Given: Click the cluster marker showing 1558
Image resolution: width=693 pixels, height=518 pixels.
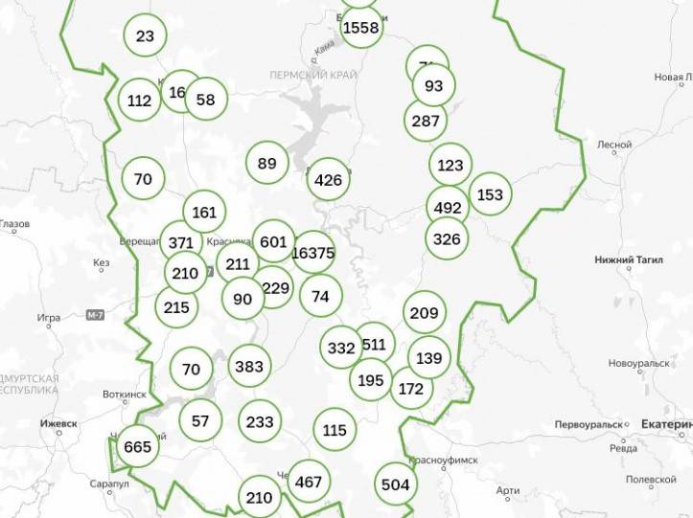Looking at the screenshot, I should [361, 28].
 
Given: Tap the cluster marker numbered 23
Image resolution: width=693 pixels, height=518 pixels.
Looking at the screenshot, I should [146, 36].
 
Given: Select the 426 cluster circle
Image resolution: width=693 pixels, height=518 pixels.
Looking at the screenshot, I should [328, 179].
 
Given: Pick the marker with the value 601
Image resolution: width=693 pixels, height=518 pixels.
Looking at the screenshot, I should [273, 241].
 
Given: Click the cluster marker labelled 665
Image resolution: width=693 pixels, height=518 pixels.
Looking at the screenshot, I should [137, 446].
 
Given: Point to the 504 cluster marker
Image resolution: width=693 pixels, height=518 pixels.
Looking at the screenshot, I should [395, 484].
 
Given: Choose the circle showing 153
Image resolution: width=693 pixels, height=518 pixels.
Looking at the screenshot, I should [490, 194].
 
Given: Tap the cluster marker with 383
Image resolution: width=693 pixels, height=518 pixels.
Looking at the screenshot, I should [248, 366].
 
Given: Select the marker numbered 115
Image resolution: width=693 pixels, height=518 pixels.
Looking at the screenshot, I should [335, 430].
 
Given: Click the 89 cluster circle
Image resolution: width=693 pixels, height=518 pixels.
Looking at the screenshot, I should [266, 163].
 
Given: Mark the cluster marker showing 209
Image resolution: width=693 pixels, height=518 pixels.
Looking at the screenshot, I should [424, 312].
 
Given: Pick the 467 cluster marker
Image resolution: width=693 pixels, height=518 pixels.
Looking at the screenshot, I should [309, 482].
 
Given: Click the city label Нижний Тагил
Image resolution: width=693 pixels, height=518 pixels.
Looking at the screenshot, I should [629, 259].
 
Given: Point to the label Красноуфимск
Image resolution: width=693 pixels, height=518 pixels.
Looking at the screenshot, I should [443, 460].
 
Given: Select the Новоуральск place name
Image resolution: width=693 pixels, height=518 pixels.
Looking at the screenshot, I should [638, 364].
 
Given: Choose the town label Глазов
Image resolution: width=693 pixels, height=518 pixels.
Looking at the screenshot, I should [15, 224].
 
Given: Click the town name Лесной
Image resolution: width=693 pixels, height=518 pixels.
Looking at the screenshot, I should [614, 146].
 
